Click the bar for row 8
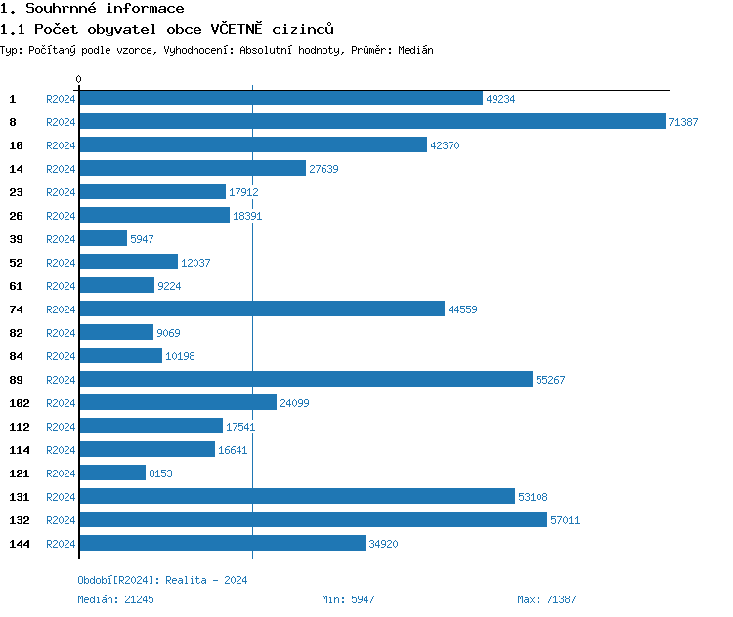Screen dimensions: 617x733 (x=371, y=121)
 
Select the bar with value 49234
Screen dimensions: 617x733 (x=280, y=98)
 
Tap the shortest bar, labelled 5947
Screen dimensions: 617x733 (x=103, y=238)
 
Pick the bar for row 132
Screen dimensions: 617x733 (x=313, y=519)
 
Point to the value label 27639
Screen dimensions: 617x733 (x=323, y=169)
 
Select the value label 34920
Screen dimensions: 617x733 (x=383, y=544)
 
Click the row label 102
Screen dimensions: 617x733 (x=20, y=403)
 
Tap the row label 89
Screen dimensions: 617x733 (x=16, y=380)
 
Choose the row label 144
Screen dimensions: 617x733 (x=20, y=544)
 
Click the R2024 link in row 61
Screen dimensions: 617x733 (x=61, y=286)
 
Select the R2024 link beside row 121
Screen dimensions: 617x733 (x=61, y=473)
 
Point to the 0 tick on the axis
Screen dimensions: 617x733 (x=79, y=79)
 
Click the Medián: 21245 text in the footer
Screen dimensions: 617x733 (x=115, y=599)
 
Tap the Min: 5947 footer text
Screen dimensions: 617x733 (x=348, y=599)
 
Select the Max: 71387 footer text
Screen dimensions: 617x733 (x=546, y=599)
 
